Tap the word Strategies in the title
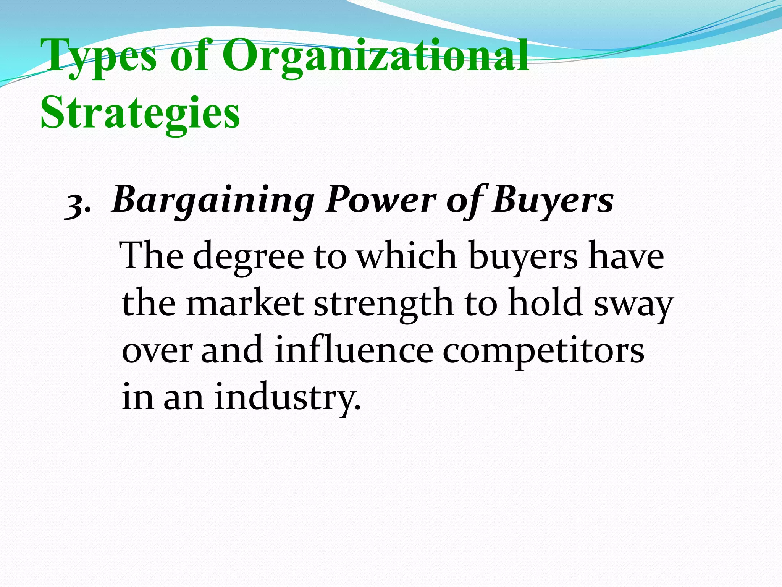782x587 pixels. (141, 113)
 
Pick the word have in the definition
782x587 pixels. (626, 255)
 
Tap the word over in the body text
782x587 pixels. (157, 351)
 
